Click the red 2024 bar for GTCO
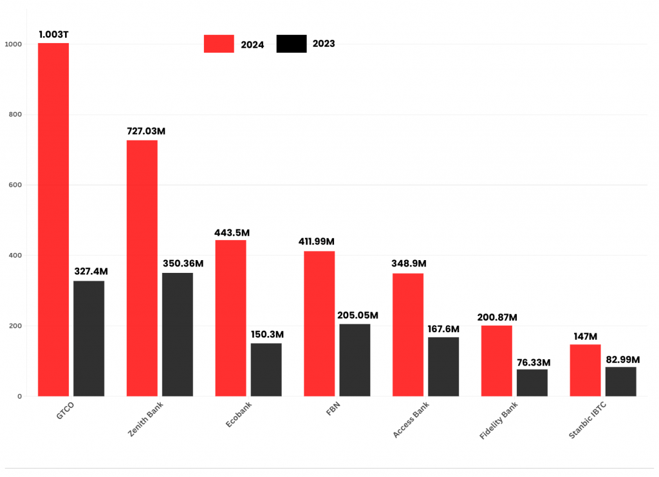click(53, 219)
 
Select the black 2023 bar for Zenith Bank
click(177, 334)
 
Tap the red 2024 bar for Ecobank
click(230, 318)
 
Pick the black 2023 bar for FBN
click(355, 360)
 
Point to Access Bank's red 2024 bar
click(408, 335)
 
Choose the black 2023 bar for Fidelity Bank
click(532, 382)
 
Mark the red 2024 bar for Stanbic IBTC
click(585, 370)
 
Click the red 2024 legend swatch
click(219, 44)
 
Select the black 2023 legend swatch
click(291, 44)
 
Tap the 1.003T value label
click(53, 34)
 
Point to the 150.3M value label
click(266, 335)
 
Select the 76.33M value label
click(533, 362)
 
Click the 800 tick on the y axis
click(15, 115)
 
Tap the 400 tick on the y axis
click(15, 256)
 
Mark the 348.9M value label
click(409, 264)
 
